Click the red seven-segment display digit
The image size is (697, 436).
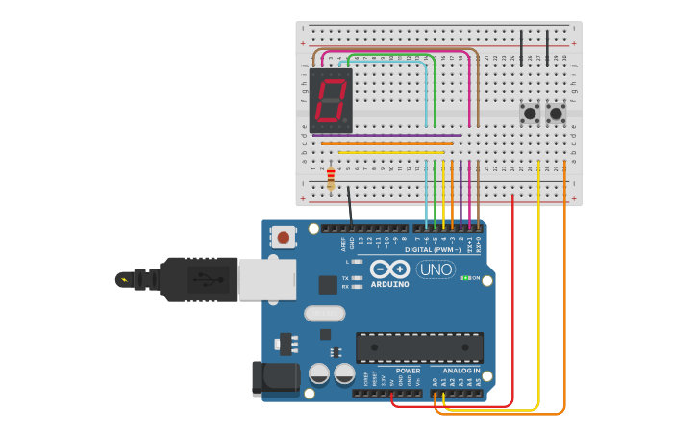pyautogui.click(x=331, y=100)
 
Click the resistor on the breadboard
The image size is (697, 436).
pyautogui.click(x=331, y=178)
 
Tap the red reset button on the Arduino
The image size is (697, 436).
pyautogui.click(x=284, y=236)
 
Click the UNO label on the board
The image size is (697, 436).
pyautogui.click(x=436, y=269)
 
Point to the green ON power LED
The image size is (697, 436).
pyautogui.click(x=464, y=278)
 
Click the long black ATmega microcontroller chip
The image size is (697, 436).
pyautogui.click(x=419, y=347)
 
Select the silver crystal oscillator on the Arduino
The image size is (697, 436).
pyautogui.click(x=324, y=313)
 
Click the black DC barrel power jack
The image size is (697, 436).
pyautogui.click(x=274, y=378)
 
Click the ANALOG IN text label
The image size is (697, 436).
pyautogui.click(x=461, y=371)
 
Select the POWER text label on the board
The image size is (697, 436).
pyautogui.click(x=408, y=371)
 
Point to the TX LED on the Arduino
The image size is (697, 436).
pyautogui.click(x=357, y=277)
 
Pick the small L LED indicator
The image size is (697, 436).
pyautogui.click(x=357, y=261)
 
